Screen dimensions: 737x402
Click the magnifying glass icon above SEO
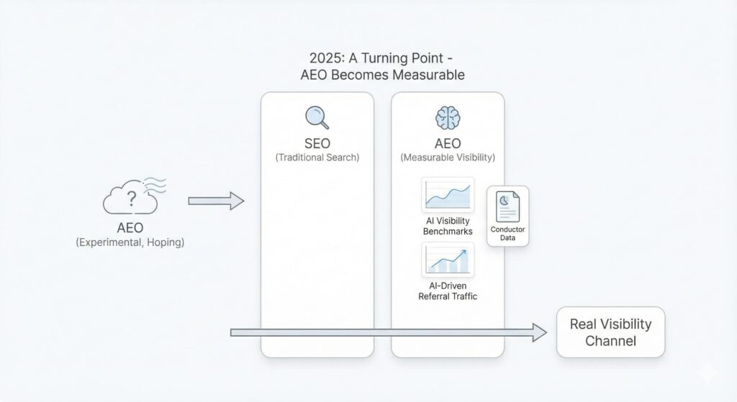pos(317,117)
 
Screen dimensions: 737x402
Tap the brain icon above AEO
pos(448,117)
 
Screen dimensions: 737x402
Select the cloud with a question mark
pos(130,198)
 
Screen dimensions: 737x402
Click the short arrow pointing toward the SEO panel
pos(216,201)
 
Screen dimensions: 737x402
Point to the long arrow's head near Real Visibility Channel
pos(540,332)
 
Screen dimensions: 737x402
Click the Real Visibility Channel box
pos(610,332)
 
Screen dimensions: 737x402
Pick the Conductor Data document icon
pos(507,206)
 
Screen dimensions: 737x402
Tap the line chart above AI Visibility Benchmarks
pos(448,195)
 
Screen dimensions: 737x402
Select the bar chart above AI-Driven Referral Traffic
pos(448,260)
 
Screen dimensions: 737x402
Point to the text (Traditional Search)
pos(317,157)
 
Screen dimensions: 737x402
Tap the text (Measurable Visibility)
pos(448,157)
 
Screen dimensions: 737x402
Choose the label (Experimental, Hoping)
pos(130,242)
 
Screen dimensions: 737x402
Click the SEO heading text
pos(317,143)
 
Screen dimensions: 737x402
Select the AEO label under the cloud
pos(130,228)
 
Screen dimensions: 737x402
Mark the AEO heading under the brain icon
pos(448,143)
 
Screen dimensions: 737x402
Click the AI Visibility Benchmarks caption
pos(448,226)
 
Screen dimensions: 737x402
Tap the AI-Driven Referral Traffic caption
pos(448,291)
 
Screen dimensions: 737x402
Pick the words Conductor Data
pos(507,234)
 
